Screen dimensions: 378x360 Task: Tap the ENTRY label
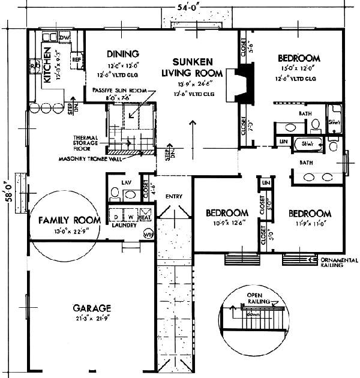click(174, 196)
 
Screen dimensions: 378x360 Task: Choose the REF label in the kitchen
click(76, 60)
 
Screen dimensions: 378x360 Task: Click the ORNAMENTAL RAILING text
click(339, 263)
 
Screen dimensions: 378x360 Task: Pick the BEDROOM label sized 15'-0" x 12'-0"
click(299, 58)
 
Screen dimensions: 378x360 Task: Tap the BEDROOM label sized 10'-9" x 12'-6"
click(227, 213)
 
